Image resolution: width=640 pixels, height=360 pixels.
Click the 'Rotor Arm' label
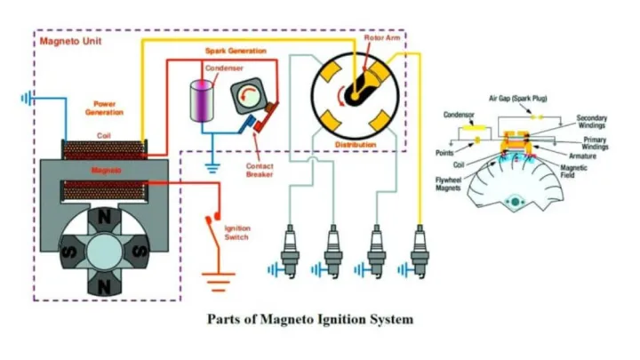click(x=380, y=38)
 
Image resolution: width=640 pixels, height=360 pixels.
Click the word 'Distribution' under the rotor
click(x=356, y=143)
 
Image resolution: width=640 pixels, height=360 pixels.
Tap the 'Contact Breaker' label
click(x=262, y=170)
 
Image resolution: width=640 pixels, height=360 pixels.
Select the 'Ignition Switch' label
click(x=236, y=233)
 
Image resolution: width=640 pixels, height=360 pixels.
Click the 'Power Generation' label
click(x=104, y=108)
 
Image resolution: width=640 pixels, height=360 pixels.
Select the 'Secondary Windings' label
click(x=591, y=122)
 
